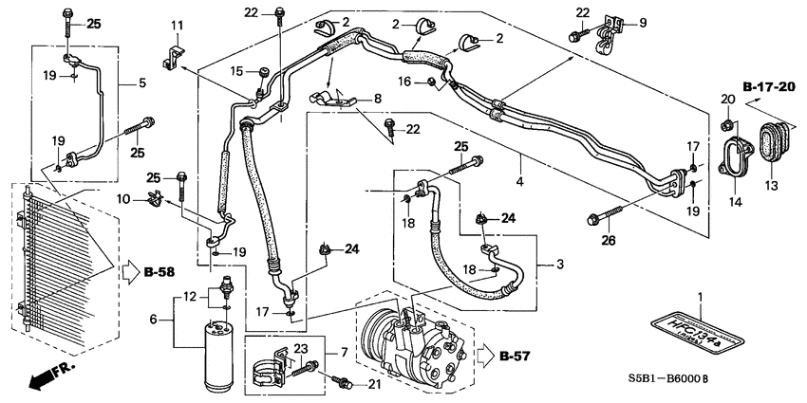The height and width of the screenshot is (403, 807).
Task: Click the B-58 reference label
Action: [x=161, y=273]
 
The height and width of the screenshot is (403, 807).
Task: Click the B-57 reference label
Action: [x=513, y=357]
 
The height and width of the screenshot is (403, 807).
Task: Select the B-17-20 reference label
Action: [x=768, y=87]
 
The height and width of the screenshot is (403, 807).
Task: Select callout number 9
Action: [x=643, y=22]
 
